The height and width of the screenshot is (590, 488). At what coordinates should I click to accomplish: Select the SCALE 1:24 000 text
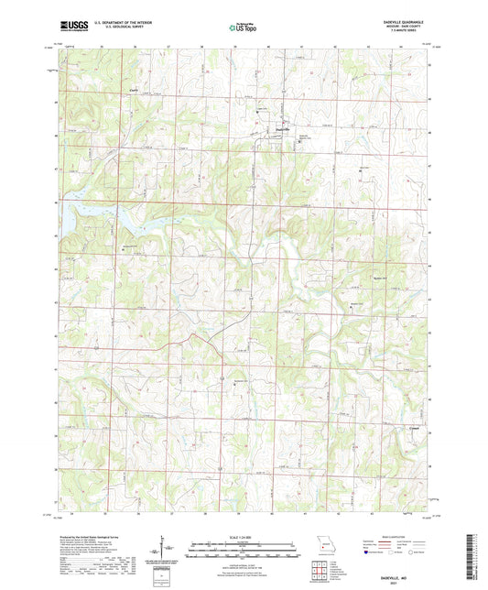click(x=244, y=538)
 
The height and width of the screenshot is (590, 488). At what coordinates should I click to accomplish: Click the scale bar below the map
click(x=244, y=551)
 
